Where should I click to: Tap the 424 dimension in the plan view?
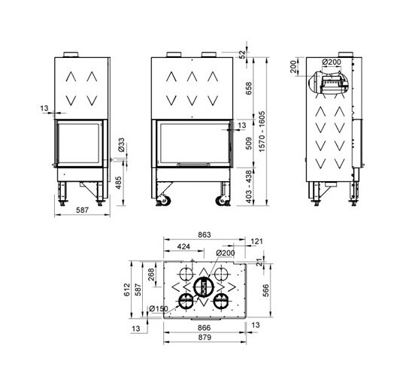tap(183, 246)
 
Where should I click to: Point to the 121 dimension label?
tap(257, 241)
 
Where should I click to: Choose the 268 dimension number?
tap(150, 275)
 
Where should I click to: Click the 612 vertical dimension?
tap(127, 289)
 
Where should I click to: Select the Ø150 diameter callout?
tap(159, 308)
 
